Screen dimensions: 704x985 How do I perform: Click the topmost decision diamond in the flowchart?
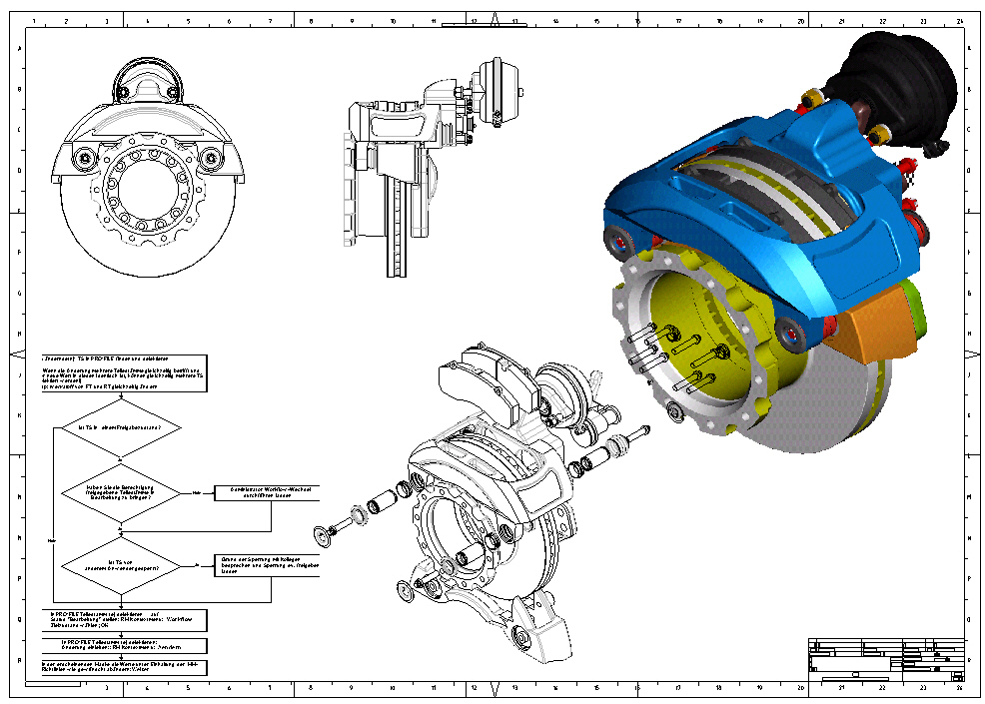pyautogui.click(x=118, y=426)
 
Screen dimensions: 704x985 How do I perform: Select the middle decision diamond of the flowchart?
pyautogui.click(x=120, y=492)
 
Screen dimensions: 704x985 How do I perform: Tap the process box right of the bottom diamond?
pyautogui.click(x=271, y=566)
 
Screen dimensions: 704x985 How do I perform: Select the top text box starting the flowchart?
pyautogui.click(x=123, y=373)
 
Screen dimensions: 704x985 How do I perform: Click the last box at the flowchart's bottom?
pyautogui.click(x=123, y=667)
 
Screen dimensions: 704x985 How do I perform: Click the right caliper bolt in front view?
pyautogui.click(x=209, y=158)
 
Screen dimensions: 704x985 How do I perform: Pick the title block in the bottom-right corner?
pyautogui.click(x=885, y=660)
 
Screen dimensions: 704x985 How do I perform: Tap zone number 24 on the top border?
pyautogui.click(x=957, y=20)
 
